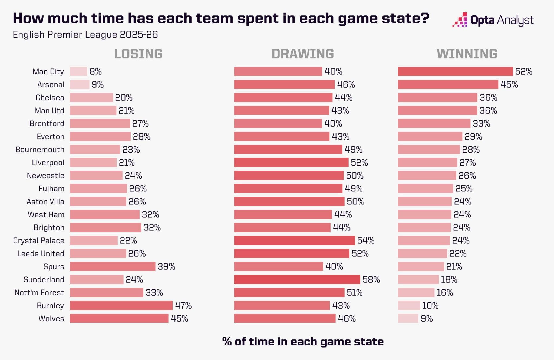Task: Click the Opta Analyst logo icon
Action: pyautogui.click(x=460, y=19)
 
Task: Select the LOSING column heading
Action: pyautogui.click(x=138, y=54)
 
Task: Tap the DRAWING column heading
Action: pyautogui.click(x=303, y=54)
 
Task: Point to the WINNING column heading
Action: pyautogui.click(x=467, y=54)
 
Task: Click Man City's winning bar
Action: pyautogui.click(x=455, y=71)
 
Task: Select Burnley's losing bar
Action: pyautogui.click(x=121, y=305)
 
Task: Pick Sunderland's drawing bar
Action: pyautogui.click(x=297, y=279)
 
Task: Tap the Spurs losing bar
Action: pyautogui.click(x=113, y=266)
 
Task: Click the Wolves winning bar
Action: pyautogui.click(x=408, y=318)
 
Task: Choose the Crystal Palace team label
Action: pyautogui.click(x=39, y=240)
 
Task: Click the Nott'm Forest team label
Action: pyautogui.click(x=39, y=292)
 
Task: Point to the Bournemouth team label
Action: pyautogui.click(x=40, y=150)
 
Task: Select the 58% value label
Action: pyautogui.click(x=371, y=279)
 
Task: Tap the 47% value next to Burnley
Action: pyautogui.click(x=183, y=305)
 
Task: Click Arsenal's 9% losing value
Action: pyautogui.click(x=98, y=84)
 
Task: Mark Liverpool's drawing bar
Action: pyautogui.click(x=291, y=163)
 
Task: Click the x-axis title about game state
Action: pyautogui.click(x=303, y=342)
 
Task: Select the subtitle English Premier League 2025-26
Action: pyautogui.click(x=85, y=35)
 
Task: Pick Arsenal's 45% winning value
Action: pyautogui.click(x=509, y=84)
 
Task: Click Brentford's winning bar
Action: pyautogui.click(x=434, y=124)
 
